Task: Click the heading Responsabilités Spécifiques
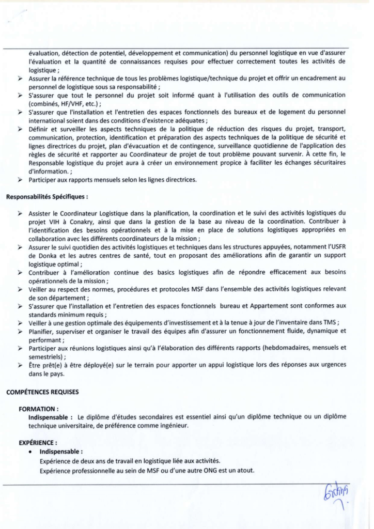pyautogui.click(x=47, y=197)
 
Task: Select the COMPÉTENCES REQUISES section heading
pyautogui.click(x=42, y=392)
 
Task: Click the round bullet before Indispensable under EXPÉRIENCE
pyautogui.click(x=32, y=452)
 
